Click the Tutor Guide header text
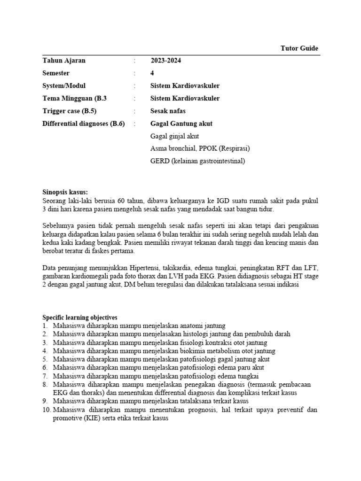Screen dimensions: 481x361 coord(299,48)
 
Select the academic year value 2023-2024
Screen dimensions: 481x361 coord(166,61)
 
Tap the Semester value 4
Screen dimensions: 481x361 coord(152,73)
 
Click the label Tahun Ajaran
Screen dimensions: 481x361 coord(64,61)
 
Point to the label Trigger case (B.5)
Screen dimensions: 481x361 coord(72,111)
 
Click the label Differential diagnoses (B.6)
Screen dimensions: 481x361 coord(84,124)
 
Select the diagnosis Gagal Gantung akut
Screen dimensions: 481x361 coord(181,124)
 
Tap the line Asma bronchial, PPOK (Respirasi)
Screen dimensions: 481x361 coord(200,148)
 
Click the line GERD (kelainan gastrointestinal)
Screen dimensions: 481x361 coord(197,161)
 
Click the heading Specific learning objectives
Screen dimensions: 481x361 coord(80,318)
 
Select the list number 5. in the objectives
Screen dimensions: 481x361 coord(46,359)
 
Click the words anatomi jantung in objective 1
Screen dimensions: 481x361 coord(203,326)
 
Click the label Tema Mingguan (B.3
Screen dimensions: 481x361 coord(75,98)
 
